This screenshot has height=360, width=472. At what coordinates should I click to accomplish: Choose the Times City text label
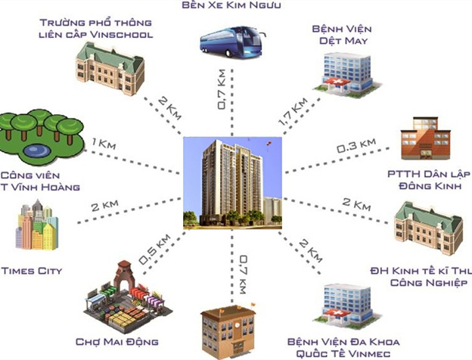click(x=32, y=270)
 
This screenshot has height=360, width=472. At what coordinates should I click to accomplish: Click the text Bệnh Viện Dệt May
click(x=340, y=35)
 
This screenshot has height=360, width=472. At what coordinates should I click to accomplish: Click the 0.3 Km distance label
click(x=357, y=145)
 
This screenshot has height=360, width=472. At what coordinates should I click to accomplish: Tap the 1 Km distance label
click(x=103, y=143)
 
